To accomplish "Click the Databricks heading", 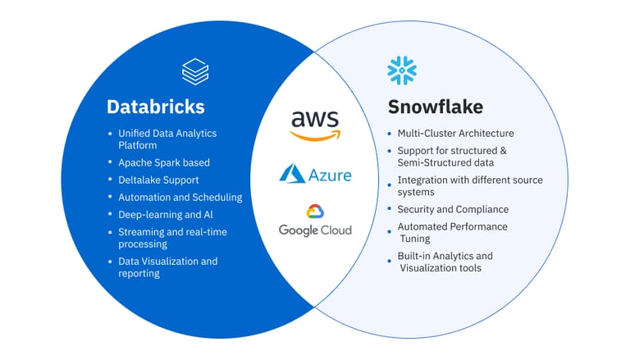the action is [x=156, y=107].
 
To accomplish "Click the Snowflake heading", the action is [x=436, y=107].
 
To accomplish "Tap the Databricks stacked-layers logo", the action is [x=195, y=71].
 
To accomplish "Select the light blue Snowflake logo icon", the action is [x=402, y=71].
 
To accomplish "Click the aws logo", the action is [x=315, y=125].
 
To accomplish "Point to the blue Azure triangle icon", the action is [x=292, y=174].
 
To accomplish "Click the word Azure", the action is [x=330, y=175].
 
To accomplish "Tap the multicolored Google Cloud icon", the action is [x=315, y=212].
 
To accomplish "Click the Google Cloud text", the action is [x=315, y=230].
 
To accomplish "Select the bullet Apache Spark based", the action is [x=164, y=162].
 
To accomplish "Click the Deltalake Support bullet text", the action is [x=158, y=180].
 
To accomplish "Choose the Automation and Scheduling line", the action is [x=180, y=198].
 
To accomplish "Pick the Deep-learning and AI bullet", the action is [x=166, y=215].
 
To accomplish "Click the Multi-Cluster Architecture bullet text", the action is [x=455, y=134].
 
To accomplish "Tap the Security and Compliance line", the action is [x=453, y=209].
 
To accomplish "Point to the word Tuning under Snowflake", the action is [x=415, y=239].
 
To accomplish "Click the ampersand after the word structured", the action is [x=503, y=151].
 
